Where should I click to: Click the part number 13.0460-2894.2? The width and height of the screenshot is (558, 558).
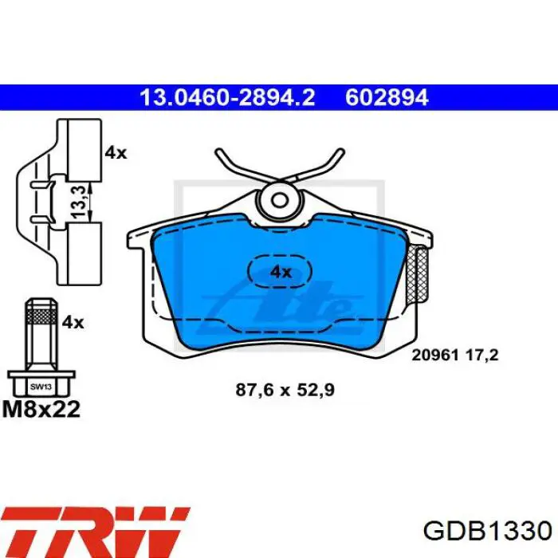click(227, 98)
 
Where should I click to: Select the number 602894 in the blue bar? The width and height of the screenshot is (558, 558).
click(387, 98)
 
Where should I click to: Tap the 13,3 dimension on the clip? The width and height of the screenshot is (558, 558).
click(79, 196)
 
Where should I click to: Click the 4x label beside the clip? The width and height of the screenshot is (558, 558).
click(116, 152)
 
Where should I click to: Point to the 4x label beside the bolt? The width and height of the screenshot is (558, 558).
click(73, 322)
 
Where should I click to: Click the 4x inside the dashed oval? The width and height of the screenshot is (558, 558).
click(281, 272)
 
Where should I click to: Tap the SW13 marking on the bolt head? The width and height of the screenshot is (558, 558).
click(40, 387)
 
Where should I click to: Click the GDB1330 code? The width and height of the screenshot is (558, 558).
click(487, 531)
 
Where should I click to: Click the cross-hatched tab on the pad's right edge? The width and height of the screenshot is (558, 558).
click(417, 275)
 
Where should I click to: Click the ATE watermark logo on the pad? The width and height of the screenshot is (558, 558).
click(279, 303)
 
